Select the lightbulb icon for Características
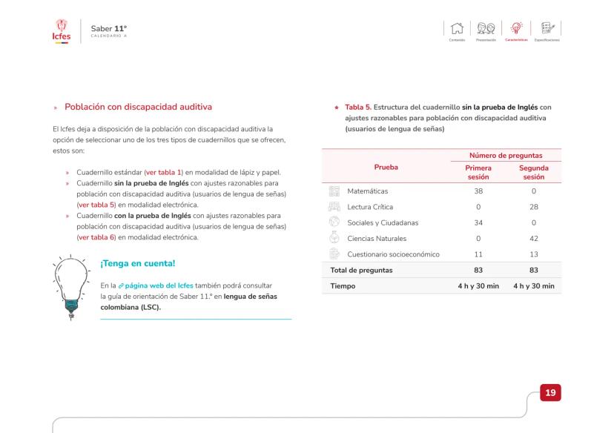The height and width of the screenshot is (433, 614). tap(517, 28)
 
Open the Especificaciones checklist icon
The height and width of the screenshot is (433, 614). tap(547, 28)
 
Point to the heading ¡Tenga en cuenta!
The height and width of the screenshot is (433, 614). tap(136, 262)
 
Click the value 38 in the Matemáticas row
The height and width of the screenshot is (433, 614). tap(478, 191)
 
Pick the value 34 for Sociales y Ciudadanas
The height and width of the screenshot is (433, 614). tap(478, 222)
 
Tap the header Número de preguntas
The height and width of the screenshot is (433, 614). tap(504, 155)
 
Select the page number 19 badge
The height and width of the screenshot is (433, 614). tap(550, 392)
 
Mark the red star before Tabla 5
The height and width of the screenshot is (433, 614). tap(337, 108)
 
